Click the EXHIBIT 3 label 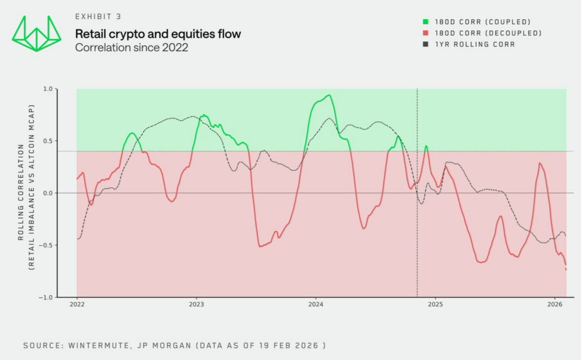click(98, 17)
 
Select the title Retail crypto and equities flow click(158, 34)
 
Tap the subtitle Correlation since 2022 click(132, 47)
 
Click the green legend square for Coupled click(426, 22)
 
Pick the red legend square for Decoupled click(426, 33)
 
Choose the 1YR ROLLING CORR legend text click(475, 45)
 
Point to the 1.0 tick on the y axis click(48, 89)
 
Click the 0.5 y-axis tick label click(48, 141)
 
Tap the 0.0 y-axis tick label click(48, 193)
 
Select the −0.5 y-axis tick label click(46, 245)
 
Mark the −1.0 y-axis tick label click(46, 297)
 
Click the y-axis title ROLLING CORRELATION click(21, 193)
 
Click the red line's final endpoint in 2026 click(566, 269)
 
